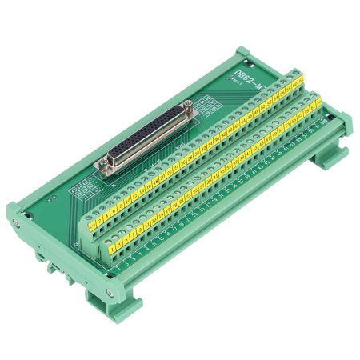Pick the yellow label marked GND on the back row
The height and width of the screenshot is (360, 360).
coord(302,78)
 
